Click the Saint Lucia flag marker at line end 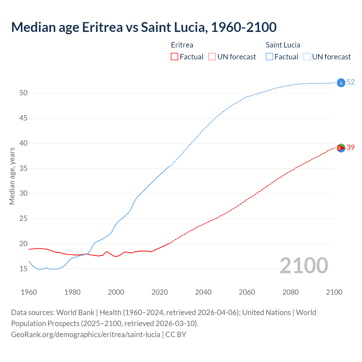click(341, 83)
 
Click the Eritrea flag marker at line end click(341, 148)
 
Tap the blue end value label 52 click(350, 82)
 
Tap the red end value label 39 click(350, 147)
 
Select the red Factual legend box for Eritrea click(174, 57)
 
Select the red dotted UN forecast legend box click(212, 57)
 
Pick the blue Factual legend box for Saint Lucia click(269, 57)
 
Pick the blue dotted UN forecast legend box click(307, 57)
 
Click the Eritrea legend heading click(182, 45)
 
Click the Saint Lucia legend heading click(283, 45)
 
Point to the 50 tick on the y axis click(23, 93)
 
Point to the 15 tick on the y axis click(23, 269)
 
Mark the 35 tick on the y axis click(23, 168)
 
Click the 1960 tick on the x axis click(29, 292)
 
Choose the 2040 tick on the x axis click(203, 292)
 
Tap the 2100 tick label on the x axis click(334, 292)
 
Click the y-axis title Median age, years click(12, 176)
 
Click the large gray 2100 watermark click(304, 266)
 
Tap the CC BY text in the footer click(176, 335)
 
